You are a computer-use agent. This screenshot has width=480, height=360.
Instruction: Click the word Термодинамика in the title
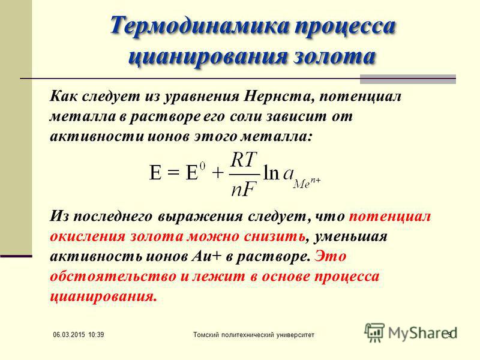click(199, 25)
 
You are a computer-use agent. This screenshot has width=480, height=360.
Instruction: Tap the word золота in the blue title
click(334, 56)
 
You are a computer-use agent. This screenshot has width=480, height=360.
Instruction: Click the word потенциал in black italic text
click(360, 97)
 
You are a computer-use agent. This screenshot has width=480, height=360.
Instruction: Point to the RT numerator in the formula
click(244, 160)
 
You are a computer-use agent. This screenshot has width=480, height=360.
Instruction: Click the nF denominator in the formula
click(244, 189)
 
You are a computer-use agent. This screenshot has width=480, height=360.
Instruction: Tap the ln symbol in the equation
click(271, 173)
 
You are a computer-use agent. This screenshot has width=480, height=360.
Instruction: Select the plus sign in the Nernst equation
click(218, 173)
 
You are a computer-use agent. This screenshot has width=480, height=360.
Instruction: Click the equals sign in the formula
click(173, 173)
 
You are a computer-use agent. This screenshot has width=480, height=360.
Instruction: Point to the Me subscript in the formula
click(302, 184)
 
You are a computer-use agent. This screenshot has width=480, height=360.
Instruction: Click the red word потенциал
click(390, 217)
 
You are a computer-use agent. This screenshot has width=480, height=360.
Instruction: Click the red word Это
click(331, 256)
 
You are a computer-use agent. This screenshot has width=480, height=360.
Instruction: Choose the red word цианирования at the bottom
click(103, 296)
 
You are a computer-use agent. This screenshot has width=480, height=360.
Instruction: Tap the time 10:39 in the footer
click(96, 335)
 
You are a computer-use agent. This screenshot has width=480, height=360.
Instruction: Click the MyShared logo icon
click(374, 332)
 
